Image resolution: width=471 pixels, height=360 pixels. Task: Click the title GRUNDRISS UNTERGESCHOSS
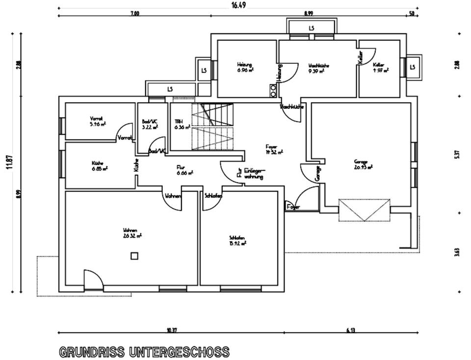pyautogui.click(x=144, y=352)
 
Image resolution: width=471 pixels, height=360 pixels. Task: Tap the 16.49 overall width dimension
pyautogui.click(x=238, y=5)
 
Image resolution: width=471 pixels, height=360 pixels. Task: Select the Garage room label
pyautogui.click(x=363, y=164)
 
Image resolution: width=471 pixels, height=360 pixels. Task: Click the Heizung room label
pyautogui.click(x=245, y=67)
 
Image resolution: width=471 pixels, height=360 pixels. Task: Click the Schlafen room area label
pyautogui.click(x=237, y=240)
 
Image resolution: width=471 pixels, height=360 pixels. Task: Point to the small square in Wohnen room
pyautogui.click(x=134, y=256)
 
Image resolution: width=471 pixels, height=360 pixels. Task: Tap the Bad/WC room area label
pyautogui.click(x=149, y=124)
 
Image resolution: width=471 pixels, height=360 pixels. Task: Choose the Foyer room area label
pyautogui.click(x=274, y=149)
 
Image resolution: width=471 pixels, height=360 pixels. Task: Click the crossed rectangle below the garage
pyautogui.click(x=365, y=210)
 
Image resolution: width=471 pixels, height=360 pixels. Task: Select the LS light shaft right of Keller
pyautogui.click(x=413, y=67)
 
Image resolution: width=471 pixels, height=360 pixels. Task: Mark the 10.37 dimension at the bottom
pyautogui.click(x=171, y=330)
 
